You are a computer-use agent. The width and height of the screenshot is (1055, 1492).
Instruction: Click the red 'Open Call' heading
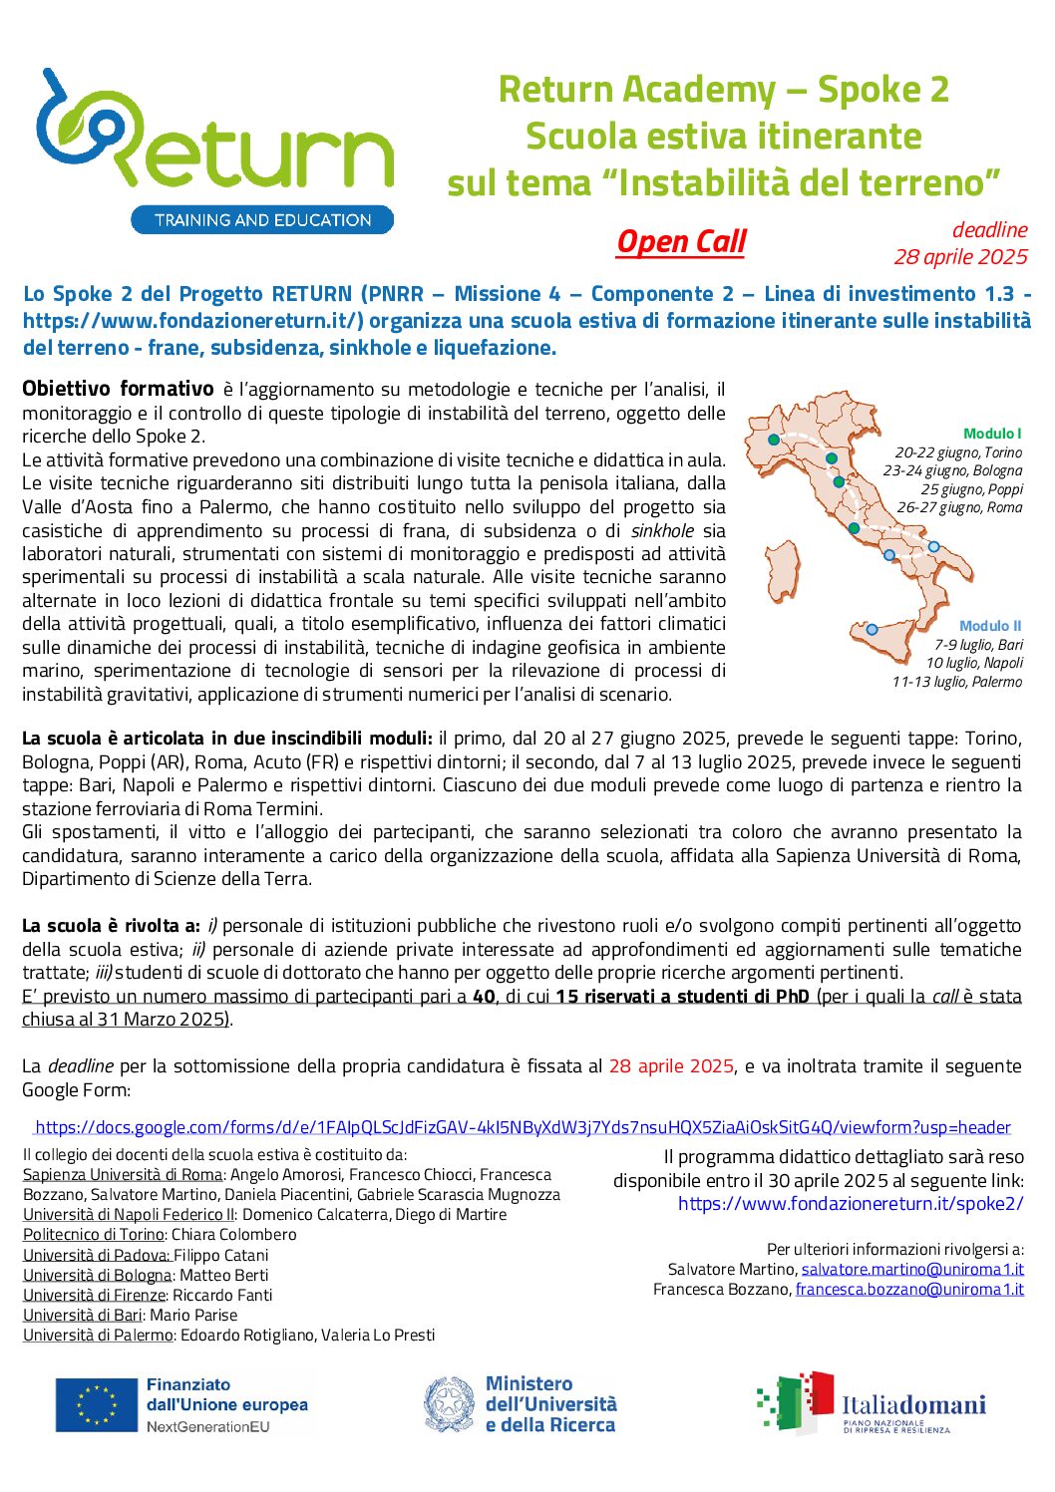pos(681,242)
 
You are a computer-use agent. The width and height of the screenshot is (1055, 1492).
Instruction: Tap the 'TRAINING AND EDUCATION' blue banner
pos(262,220)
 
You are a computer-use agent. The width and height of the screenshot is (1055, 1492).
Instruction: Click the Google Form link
pos(523,1127)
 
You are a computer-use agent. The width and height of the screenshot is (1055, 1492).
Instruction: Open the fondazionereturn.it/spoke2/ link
pos(851,1203)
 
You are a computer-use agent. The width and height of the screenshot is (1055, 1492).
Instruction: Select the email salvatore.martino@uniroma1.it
pos(912,1269)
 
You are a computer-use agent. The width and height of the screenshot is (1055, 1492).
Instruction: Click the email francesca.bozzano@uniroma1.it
pos(909,1289)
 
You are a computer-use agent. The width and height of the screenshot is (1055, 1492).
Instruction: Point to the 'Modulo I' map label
pos(991,434)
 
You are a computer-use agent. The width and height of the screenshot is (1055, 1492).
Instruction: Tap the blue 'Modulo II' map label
pos(989,626)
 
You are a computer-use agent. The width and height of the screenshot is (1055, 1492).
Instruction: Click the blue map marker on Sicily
pos(872,629)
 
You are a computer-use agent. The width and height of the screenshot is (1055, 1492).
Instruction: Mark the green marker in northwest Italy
pos(774,440)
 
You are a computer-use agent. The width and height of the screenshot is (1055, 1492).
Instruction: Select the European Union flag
pos(97,1405)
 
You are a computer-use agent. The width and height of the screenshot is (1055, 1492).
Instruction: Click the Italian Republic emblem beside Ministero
pos(449,1404)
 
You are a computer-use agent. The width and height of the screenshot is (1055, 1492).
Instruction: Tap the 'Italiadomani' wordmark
pos(913,1405)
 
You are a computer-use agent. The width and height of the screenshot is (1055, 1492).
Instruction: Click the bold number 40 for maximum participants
pos(484,997)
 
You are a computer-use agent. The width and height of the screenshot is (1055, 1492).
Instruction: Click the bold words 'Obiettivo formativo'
pos(118,389)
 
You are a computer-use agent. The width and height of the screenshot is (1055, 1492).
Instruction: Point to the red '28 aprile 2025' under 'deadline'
pos(959,257)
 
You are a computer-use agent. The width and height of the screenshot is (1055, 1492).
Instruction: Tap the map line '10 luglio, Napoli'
pos(973,663)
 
